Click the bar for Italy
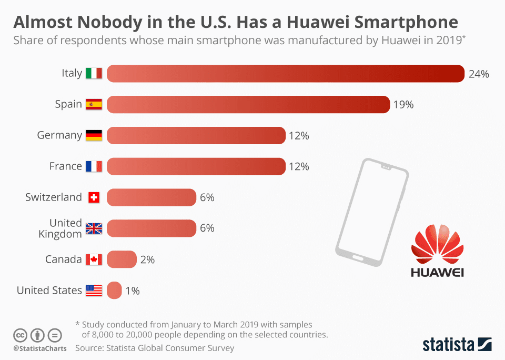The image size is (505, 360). pyautogui.click(x=286, y=74)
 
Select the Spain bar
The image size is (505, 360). pyautogui.click(x=248, y=104)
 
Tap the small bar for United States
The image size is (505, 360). pyautogui.click(x=114, y=291)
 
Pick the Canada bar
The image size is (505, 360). pyautogui.click(x=122, y=259)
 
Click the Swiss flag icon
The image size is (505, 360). pyautogui.click(x=94, y=197)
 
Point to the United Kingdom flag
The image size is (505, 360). pyautogui.click(x=94, y=228)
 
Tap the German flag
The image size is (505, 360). pyautogui.click(x=94, y=135)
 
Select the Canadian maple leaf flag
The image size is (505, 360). pyautogui.click(x=94, y=259)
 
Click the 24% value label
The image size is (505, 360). pyautogui.click(x=479, y=74)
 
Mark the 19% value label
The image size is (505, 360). pyautogui.click(x=403, y=104)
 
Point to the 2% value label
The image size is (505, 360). pyautogui.click(x=147, y=259)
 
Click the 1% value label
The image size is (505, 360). pyautogui.click(x=133, y=291)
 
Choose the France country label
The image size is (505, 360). pyautogui.click(x=66, y=166)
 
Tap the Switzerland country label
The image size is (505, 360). pyautogui.click(x=54, y=197)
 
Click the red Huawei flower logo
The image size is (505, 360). pyautogui.click(x=437, y=244)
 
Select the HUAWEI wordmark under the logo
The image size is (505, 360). pyautogui.click(x=437, y=272)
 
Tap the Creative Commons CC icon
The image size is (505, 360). pyautogui.click(x=20, y=335)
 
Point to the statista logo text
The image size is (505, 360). pyautogui.click(x=448, y=345)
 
